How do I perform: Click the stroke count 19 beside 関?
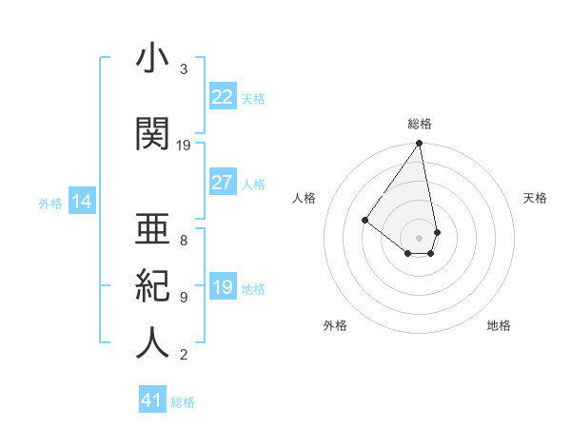[184, 146]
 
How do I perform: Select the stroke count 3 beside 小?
[184, 69]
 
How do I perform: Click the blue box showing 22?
[222, 97]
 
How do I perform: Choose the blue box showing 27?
[222, 183]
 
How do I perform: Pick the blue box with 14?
[82, 202]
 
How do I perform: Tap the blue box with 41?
[152, 400]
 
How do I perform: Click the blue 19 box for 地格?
[222, 287]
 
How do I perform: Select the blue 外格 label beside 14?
[50, 203]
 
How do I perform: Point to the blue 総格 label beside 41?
[183, 402]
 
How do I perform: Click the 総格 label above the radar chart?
[420, 124]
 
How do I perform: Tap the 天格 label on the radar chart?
[535, 198]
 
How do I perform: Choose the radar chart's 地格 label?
[499, 325]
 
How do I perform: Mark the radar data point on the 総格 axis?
[419, 144]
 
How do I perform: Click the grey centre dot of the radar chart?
[419, 237]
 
